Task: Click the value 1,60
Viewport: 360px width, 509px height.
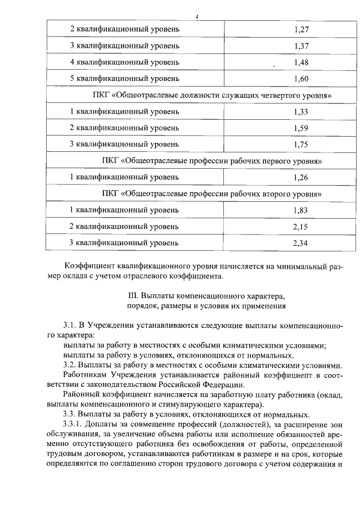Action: coord(301,78)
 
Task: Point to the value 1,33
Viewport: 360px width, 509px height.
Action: coord(301,111)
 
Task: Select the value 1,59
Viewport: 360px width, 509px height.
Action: coord(301,128)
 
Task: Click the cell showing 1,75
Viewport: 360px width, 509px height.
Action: coord(301,144)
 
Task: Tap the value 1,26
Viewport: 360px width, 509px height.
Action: coord(301,177)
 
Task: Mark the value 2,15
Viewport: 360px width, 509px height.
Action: coord(301,226)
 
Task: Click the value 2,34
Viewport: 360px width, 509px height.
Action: coord(301,243)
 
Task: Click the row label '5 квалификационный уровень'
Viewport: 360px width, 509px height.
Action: coord(124,78)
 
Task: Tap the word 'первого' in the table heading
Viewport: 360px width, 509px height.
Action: coord(272,161)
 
